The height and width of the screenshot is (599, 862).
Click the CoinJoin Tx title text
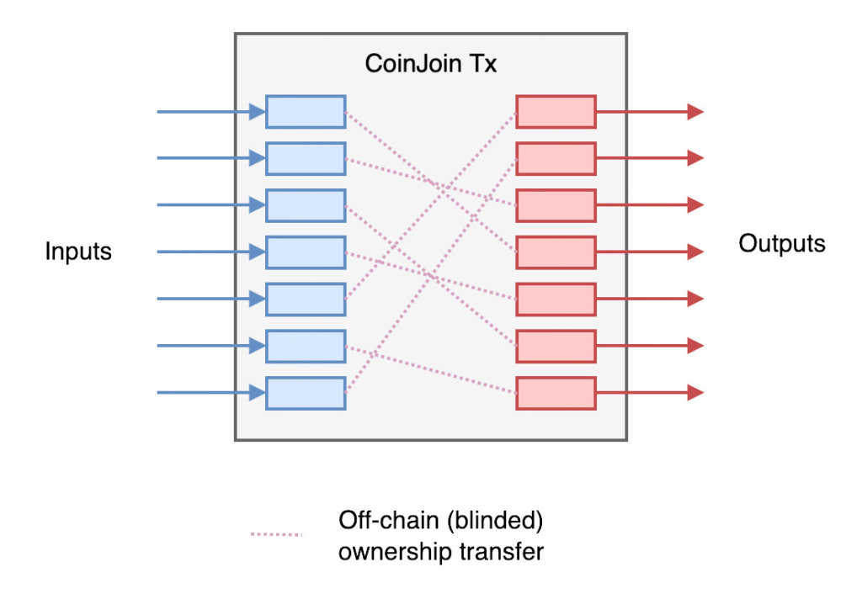(x=430, y=64)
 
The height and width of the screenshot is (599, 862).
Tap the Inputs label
(x=78, y=252)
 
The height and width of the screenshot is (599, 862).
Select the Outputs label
(x=782, y=244)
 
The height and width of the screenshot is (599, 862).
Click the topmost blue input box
(x=306, y=112)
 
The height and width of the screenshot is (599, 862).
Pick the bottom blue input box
(x=306, y=393)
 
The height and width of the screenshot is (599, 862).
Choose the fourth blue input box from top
(x=306, y=252)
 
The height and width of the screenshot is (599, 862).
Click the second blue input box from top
(x=306, y=158)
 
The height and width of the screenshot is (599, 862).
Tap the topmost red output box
(x=556, y=112)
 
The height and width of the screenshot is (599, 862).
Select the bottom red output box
(x=556, y=393)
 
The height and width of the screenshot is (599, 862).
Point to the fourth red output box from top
(x=556, y=252)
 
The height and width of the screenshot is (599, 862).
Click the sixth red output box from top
(x=556, y=346)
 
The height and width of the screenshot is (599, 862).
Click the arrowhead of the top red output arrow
(x=694, y=112)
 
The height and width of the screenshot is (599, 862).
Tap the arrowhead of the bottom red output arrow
(x=694, y=393)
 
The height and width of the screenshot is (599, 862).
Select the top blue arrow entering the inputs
(x=210, y=112)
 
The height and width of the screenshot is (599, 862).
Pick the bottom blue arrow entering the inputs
(x=210, y=393)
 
